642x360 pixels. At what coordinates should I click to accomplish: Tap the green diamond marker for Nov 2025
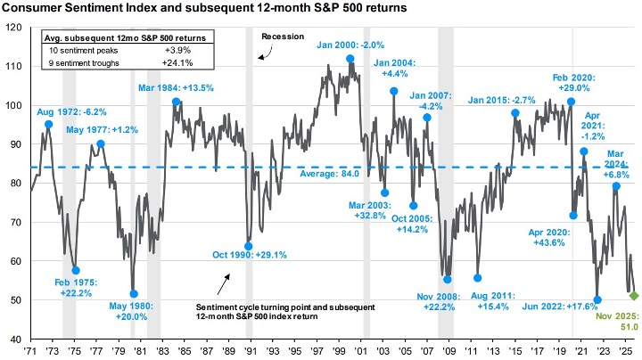point(634,295)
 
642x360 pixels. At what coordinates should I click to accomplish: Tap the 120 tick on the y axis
point(14,28)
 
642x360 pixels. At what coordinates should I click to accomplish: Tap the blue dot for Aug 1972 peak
point(48,124)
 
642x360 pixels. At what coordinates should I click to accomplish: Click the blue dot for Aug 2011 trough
point(477,278)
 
